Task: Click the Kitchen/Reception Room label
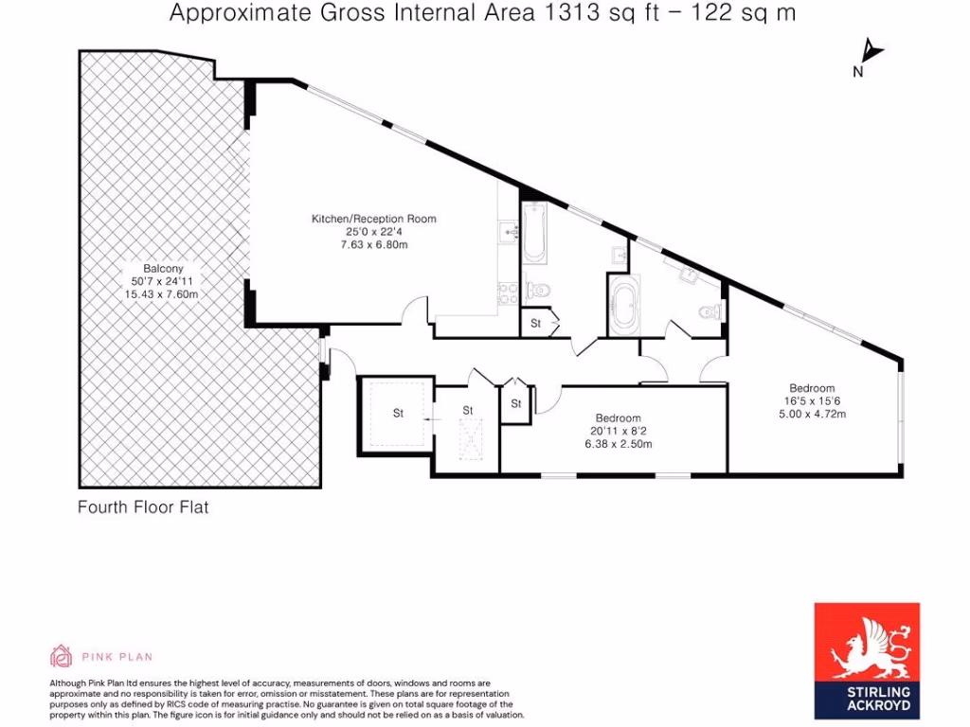tap(374, 219)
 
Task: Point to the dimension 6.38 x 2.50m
tap(618, 444)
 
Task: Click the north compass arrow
tap(870, 52)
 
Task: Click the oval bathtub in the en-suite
tap(623, 306)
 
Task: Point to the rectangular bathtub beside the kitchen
tap(533, 232)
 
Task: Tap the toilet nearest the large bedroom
tap(707, 313)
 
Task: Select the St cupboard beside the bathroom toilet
tap(535, 324)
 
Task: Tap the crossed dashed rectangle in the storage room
tap(469, 440)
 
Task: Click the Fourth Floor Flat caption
tap(142, 507)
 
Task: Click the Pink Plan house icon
tap(61, 656)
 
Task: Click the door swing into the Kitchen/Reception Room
tap(414, 311)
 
